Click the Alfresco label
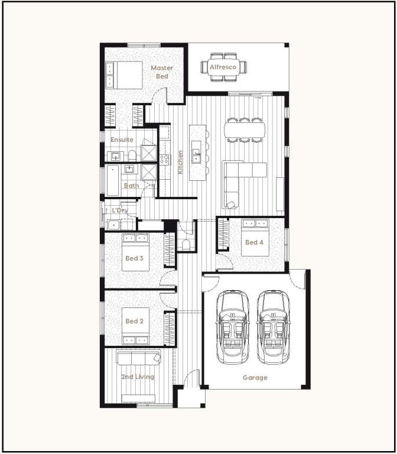[x=223, y=67]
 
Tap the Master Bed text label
[x=162, y=72]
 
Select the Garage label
[x=255, y=378]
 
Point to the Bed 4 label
[x=255, y=242]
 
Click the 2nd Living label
[x=138, y=377]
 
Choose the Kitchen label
[x=180, y=162]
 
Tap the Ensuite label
[x=122, y=140]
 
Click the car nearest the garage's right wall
[x=273, y=327]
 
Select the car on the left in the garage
[x=233, y=327]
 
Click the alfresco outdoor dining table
[x=224, y=67]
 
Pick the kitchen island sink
[x=196, y=155]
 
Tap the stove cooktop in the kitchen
[x=164, y=159]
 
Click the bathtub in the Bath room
[x=113, y=180]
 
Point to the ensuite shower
[x=149, y=153]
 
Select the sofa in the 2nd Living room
[x=139, y=358]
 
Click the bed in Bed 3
[x=135, y=252]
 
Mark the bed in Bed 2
[x=135, y=326]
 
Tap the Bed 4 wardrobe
[x=223, y=234]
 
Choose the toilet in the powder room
[x=186, y=245]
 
